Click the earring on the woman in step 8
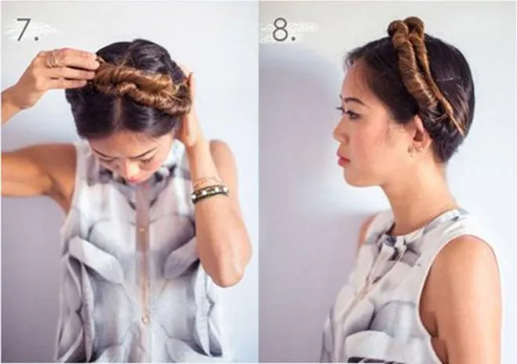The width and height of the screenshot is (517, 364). click(x=411, y=150)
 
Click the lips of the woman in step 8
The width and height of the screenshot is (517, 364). click(x=343, y=160)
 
